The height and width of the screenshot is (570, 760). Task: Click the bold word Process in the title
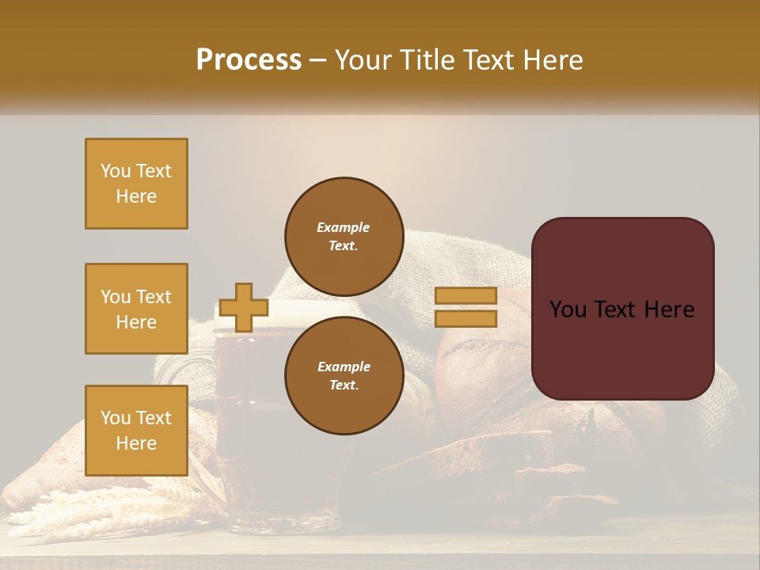coord(249,60)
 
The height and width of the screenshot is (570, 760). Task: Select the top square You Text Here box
coord(136,184)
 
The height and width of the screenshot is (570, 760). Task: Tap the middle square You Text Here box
coord(136,309)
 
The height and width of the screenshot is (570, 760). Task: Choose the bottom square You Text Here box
coord(136,430)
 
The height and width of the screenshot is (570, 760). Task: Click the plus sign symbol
coord(243,307)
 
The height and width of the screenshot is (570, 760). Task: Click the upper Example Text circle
coord(343,236)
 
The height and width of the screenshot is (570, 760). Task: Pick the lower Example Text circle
coord(343,375)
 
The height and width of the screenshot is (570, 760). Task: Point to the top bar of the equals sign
coord(465,296)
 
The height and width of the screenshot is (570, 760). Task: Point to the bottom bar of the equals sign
coord(465,318)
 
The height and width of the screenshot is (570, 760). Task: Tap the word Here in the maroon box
coord(669,310)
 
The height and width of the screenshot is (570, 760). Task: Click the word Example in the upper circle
coord(343,227)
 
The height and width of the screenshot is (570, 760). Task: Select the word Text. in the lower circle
coord(343,385)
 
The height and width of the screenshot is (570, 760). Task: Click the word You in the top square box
coord(115,171)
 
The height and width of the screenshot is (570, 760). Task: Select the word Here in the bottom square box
coord(136,443)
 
